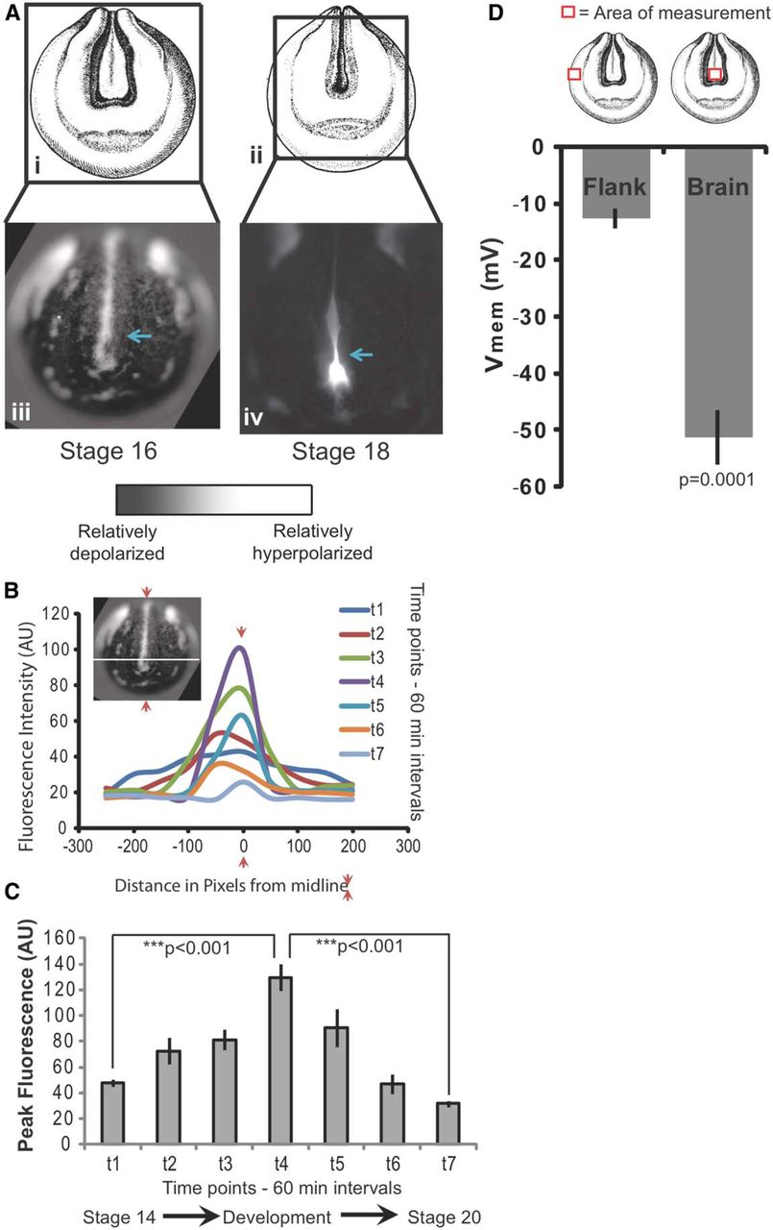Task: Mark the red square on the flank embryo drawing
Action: click(x=574, y=74)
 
